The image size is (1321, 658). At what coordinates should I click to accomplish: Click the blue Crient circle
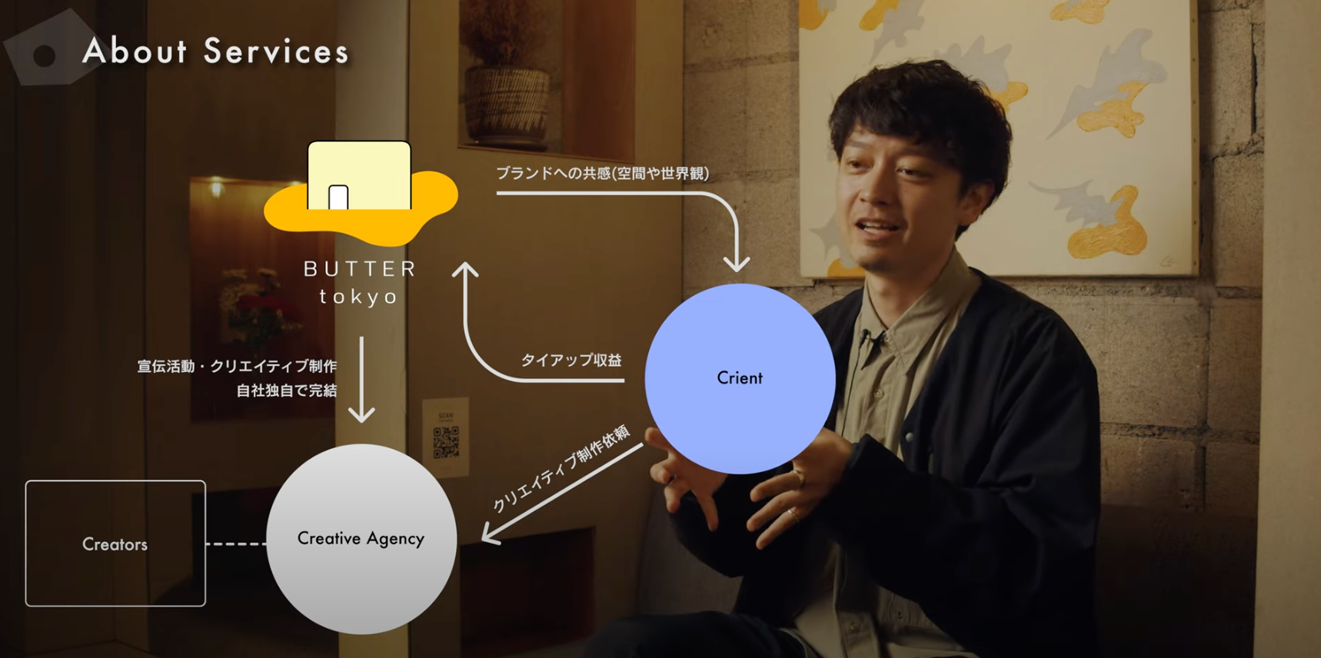pos(740,378)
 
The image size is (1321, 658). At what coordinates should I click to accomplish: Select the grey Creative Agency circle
pos(361,539)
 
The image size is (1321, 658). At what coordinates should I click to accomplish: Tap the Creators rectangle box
pos(115,543)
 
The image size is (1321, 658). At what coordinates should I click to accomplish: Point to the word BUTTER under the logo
pos(360,269)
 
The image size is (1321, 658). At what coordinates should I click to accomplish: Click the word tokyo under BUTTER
pos(359,297)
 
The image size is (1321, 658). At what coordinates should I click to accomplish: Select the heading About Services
pos(215,52)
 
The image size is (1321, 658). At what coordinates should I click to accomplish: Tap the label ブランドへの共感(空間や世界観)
pos(602,174)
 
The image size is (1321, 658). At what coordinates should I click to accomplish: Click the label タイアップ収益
pos(571,360)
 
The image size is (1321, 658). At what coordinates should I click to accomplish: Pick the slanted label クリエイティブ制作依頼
pos(561,468)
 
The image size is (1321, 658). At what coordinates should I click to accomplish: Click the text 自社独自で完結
pos(286,390)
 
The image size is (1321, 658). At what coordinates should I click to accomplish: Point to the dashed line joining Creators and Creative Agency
pos(236,543)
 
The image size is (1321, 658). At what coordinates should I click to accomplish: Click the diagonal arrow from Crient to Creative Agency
pos(561,494)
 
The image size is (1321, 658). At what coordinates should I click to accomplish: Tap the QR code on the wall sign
pos(446,442)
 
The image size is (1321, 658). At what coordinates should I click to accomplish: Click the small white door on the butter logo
pos(338,198)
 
